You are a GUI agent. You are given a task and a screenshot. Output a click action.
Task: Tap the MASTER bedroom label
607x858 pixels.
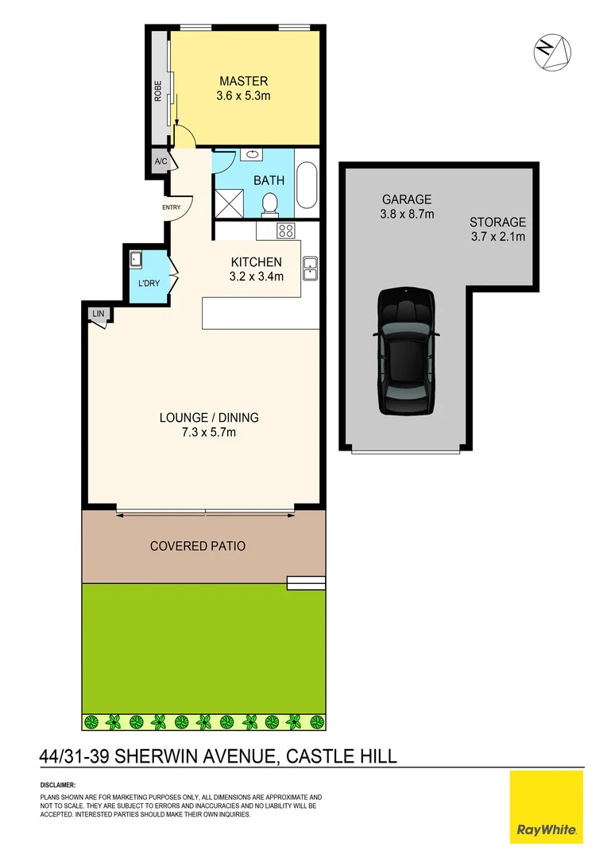pyautogui.click(x=244, y=81)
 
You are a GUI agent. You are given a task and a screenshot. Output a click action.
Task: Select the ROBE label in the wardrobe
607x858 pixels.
pyautogui.click(x=158, y=91)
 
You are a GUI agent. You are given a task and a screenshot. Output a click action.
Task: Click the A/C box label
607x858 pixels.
pyautogui.click(x=160, y=162)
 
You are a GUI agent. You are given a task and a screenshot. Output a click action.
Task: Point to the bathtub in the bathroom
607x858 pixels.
pyautogui.click(x=307, y=186)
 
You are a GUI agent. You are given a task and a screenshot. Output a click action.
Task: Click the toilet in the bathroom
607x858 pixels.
pyautogui.click(x=270, y=203)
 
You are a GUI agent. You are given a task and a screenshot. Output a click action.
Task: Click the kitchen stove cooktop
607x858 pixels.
pyautogui.click(x=285, y=231)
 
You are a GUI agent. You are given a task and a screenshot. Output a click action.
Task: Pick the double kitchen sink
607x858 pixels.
pyautogui.click(x=310, y=269)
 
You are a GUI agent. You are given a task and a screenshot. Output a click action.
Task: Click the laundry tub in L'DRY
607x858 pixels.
pyautogui.click(x=136, y=259)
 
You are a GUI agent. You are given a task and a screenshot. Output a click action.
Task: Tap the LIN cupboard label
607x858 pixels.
pyautogui.click(x=99, y=315)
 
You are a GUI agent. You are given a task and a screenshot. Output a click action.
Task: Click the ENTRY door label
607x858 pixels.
pyautogui.click(x=171, y=208)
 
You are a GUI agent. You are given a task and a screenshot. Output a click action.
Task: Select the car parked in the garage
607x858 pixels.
pyautogui.click(x=406, y=350)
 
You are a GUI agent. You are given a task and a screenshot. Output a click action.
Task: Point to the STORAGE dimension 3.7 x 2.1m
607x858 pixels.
pyautogui.click(x=497, y=236)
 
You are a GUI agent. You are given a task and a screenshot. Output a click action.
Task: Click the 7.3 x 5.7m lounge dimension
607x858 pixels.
pyautogui.click(x=209, y=433)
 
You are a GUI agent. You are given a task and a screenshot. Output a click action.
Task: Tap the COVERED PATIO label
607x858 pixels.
pyautogui.click(x=198, y=547)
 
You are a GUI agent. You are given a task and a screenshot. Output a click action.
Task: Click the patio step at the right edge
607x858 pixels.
pyautogui.click(x=306, y=584)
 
